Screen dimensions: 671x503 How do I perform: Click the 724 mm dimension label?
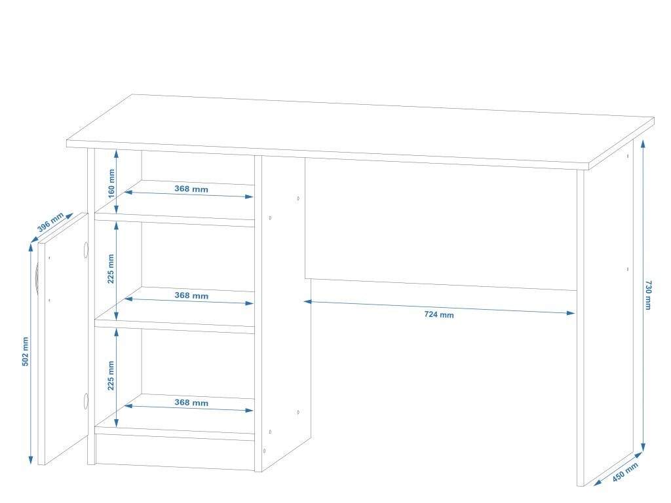tap(439, 315)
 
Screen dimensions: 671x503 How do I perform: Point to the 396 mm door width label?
tap(50, 223)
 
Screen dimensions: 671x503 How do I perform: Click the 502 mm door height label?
tap(26, 352)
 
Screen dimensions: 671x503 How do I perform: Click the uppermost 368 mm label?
tap(191, 189)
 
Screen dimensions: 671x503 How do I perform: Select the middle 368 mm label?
tap(191, 295)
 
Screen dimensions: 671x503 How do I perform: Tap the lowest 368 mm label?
tap(191, 403)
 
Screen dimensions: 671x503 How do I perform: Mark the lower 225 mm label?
tap(111, 375)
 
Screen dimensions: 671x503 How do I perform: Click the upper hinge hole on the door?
tap(85, 250)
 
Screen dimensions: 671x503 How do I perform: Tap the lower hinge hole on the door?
tap(85, 401)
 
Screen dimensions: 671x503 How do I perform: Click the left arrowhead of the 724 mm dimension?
tap(306, 301)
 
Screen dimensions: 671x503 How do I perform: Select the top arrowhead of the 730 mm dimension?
tap(643, 141)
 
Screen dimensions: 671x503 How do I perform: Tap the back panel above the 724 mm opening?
tap(439, 223)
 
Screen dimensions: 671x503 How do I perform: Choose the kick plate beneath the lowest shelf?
tap(174, 451)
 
